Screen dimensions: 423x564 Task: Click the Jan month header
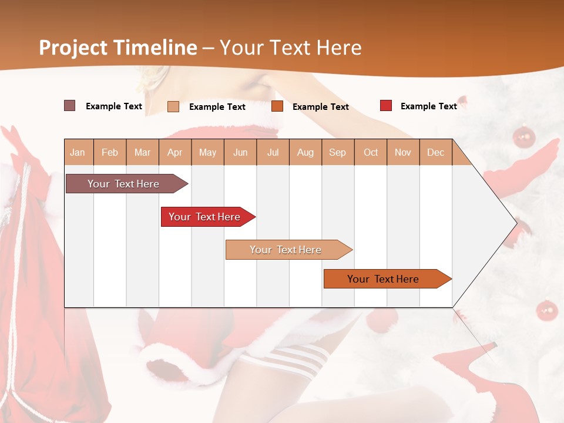click(x=78, y=152)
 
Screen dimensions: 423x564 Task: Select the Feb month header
click(x=110, y=152)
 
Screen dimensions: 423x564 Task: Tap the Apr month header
click(x=174, y=152)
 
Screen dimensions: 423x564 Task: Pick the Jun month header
click(x=240, y=152)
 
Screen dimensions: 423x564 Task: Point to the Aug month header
click(x=305, y=152)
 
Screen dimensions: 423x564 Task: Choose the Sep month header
click(x=337, y=152)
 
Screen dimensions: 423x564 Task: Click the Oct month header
click(x=371, y=152)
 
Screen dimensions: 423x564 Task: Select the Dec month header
click(x=435, y=152)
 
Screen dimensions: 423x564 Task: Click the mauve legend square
click(x=70, y=106)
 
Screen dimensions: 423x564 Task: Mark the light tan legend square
click(x=173, y=106)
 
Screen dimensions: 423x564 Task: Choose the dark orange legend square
click(x=277, y=106)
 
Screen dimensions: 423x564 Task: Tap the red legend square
click(x=386, y=106)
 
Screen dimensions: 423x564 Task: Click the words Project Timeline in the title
click(x=118, y=48)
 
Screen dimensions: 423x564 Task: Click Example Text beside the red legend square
click(x=428, y=106)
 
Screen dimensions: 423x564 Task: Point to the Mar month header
click(x=142, y=152)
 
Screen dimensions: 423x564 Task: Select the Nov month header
click(x=402, y=152)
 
